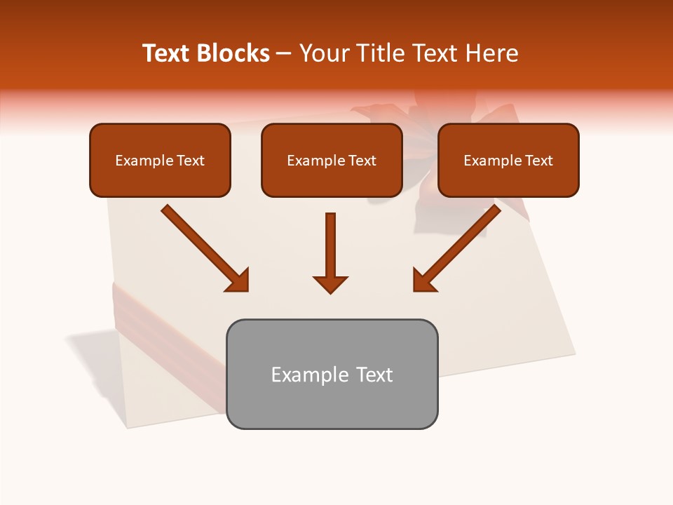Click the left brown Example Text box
(160, 161)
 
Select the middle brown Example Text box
(332, 161)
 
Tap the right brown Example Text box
(508, 161)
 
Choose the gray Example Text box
(332, 375)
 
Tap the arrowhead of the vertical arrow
(330, 283)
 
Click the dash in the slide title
(284, 53)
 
